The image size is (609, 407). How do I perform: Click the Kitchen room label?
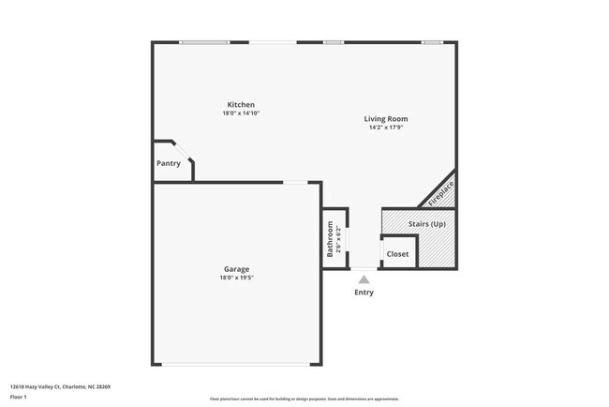241,104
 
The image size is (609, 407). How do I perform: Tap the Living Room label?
386,119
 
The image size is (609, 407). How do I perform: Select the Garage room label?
236,269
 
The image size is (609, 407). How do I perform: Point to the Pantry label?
169,163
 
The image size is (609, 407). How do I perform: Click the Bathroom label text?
330,239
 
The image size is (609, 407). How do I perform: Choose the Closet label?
398,253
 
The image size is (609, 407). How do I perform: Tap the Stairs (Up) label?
427,224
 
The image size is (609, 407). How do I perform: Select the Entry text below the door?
364,293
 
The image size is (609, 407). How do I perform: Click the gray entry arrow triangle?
364,279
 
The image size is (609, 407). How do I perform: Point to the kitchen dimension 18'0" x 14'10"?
241,113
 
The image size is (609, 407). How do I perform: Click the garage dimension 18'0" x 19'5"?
236,278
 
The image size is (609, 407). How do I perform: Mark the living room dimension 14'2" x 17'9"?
386,128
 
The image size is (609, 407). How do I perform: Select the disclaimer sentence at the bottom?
304,399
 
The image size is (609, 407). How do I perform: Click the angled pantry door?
183,151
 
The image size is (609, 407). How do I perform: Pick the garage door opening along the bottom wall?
236,365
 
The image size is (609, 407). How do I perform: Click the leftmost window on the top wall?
204,42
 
